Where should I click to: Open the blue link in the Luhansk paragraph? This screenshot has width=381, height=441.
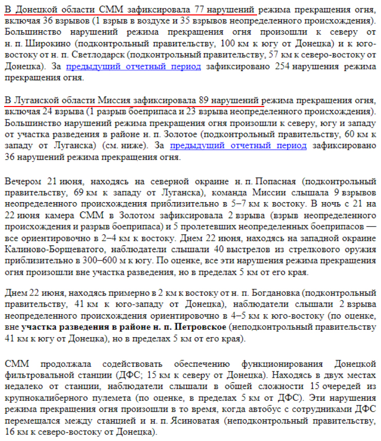[238, 146]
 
